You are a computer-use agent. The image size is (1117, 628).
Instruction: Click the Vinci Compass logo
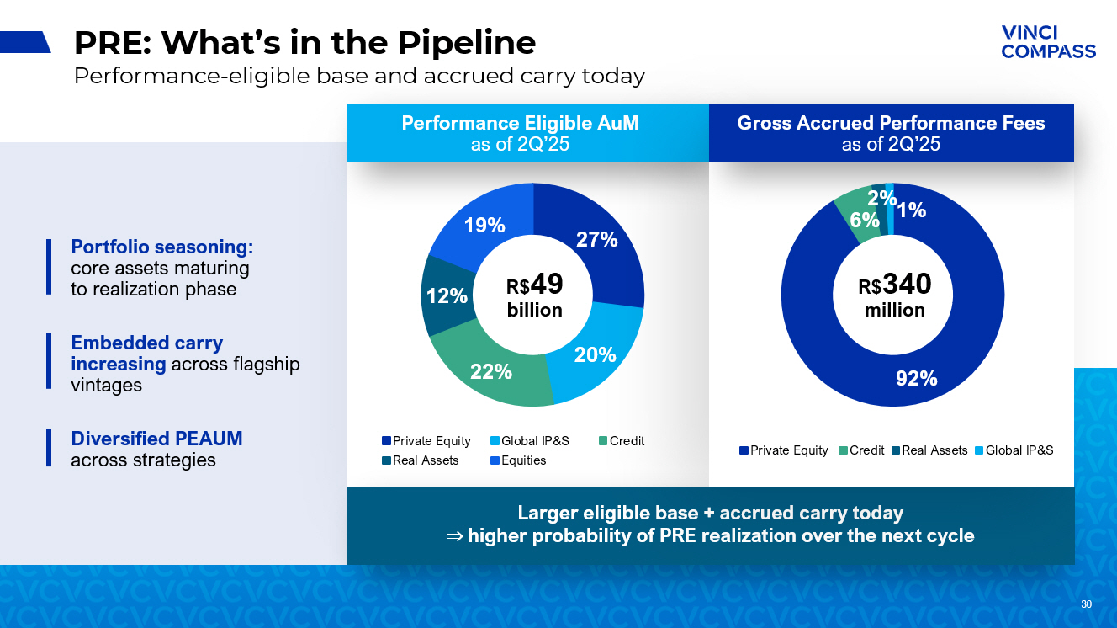pos(1048,41)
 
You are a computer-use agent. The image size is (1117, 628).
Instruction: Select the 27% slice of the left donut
pos(597,239)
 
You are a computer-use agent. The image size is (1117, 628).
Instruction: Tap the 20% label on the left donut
pos(595,355)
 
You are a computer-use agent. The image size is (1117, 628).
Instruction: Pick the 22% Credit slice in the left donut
pos(491,370)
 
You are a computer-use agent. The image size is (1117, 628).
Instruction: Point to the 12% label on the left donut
pos(447,296)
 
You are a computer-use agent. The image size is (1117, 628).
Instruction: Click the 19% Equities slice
pos(484,226)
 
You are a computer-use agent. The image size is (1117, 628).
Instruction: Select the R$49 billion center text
pos(534,296)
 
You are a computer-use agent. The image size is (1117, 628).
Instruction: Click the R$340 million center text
pos(894,296)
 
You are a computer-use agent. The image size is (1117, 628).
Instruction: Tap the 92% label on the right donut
pos(916,379)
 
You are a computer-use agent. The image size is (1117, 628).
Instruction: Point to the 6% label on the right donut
pos(865,221)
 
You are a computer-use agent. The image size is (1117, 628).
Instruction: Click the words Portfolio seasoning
pos(162,247)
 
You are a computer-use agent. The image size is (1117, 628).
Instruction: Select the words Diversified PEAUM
pos(156,439)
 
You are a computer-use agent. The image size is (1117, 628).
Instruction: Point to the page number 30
pos(1086,604)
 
